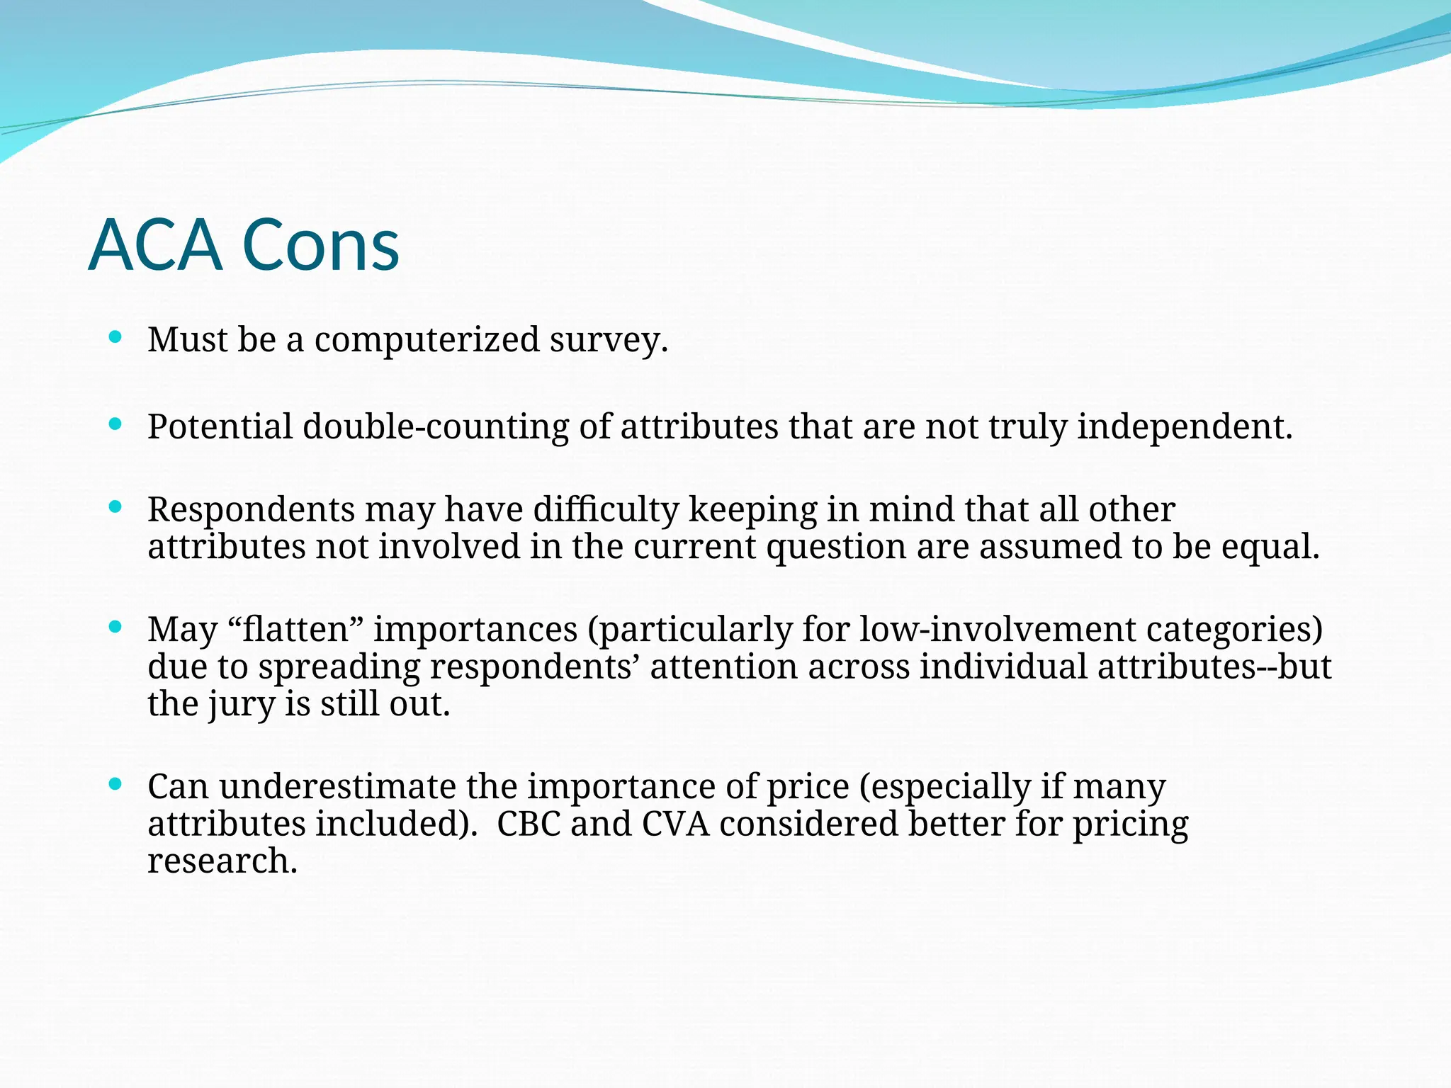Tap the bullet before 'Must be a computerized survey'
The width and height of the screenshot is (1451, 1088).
tap(115, 336)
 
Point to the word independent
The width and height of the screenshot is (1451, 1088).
tap(1185, 427)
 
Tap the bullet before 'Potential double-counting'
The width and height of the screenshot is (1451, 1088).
tap(115, 424)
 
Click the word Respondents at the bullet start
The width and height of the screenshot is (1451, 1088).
tap(251, 510)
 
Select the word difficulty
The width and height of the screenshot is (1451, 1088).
tap(606, 510)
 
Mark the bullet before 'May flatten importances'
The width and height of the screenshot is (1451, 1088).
tap(115, 627)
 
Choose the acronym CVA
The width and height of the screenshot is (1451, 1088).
tap(676, 824)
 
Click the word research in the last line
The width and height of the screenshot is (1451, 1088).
tap(222, 861)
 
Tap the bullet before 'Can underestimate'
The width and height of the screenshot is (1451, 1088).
tap(115, 784)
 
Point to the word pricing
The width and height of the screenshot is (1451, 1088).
tap(1130, 824)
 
